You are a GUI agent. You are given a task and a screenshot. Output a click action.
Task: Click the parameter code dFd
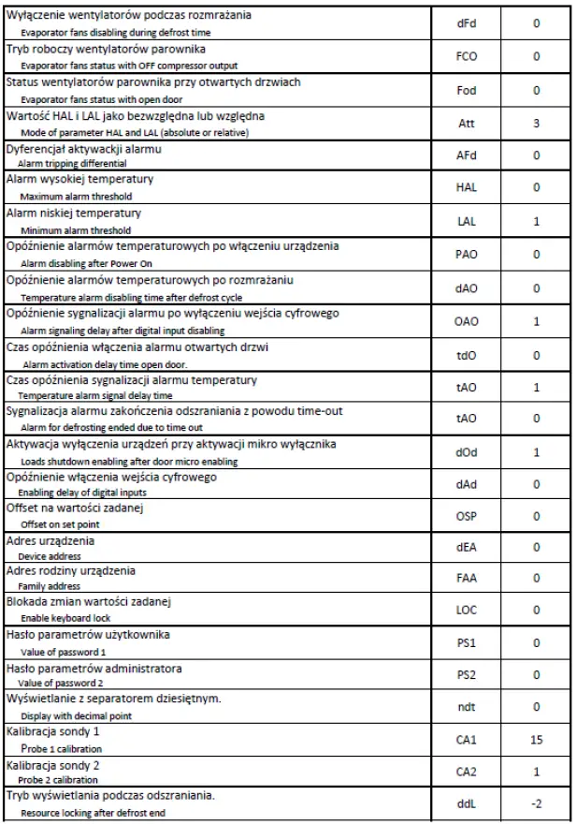click(x=466, y=22)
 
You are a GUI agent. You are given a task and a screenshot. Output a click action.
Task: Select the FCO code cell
click(x=466, y=56)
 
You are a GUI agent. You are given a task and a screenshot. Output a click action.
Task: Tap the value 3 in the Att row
click(x=536, y=123)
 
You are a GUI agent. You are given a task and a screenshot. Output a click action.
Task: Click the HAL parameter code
click(x=466, y=187)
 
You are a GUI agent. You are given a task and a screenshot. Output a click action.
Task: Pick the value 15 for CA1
click(x=536, y=740)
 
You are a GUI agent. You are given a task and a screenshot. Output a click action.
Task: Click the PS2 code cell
click(x=466, y=674)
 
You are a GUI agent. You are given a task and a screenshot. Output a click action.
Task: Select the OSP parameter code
click(x=466, y=516)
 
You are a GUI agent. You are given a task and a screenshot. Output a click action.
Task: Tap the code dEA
click(x=466, y=547)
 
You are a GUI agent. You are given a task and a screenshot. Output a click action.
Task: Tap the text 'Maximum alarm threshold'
click(x=76, y=197)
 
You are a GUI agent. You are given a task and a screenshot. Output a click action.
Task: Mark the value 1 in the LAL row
click(x=536, y=221)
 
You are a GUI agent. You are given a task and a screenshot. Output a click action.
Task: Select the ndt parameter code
click(x=466, y=707)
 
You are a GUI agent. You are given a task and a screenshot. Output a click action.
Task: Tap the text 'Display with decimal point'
click(x=76, y=715)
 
